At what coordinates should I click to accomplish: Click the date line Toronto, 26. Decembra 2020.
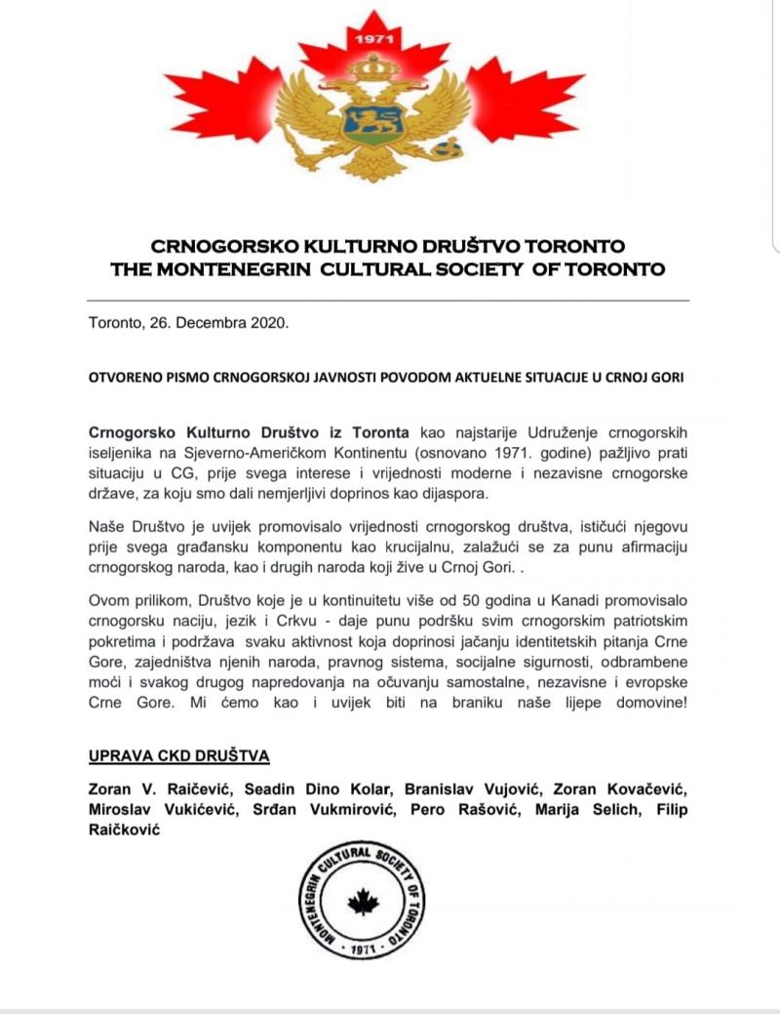click(x=188, y=323)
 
